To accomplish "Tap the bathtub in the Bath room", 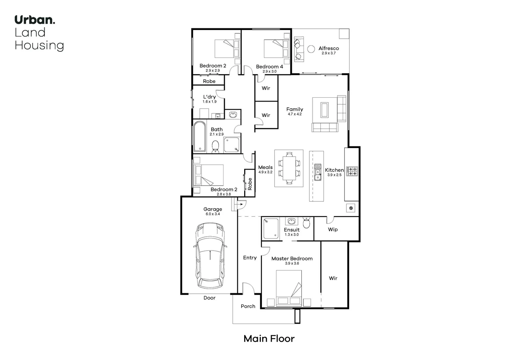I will click(200, 137).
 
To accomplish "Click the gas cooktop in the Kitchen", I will click(352, 171).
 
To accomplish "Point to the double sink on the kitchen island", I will click(318, 172).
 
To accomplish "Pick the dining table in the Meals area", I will click(289, 168).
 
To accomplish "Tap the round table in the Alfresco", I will click(311, 49).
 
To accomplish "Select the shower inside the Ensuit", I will click(271, 228).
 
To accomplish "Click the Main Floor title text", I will click(269, 339).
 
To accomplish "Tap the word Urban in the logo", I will click(35, 20).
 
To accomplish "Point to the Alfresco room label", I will click(328, 48).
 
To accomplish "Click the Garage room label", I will click(213, 209).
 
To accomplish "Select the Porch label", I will click(248, 306).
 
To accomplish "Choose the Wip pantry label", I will click(333, 229).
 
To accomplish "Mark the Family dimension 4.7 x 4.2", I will click(294, 114).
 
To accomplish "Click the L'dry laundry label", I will click(210, 97).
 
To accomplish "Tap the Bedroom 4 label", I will click(269, 67).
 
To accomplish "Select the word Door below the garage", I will click(210, 298).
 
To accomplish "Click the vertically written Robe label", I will click(250, 184).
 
